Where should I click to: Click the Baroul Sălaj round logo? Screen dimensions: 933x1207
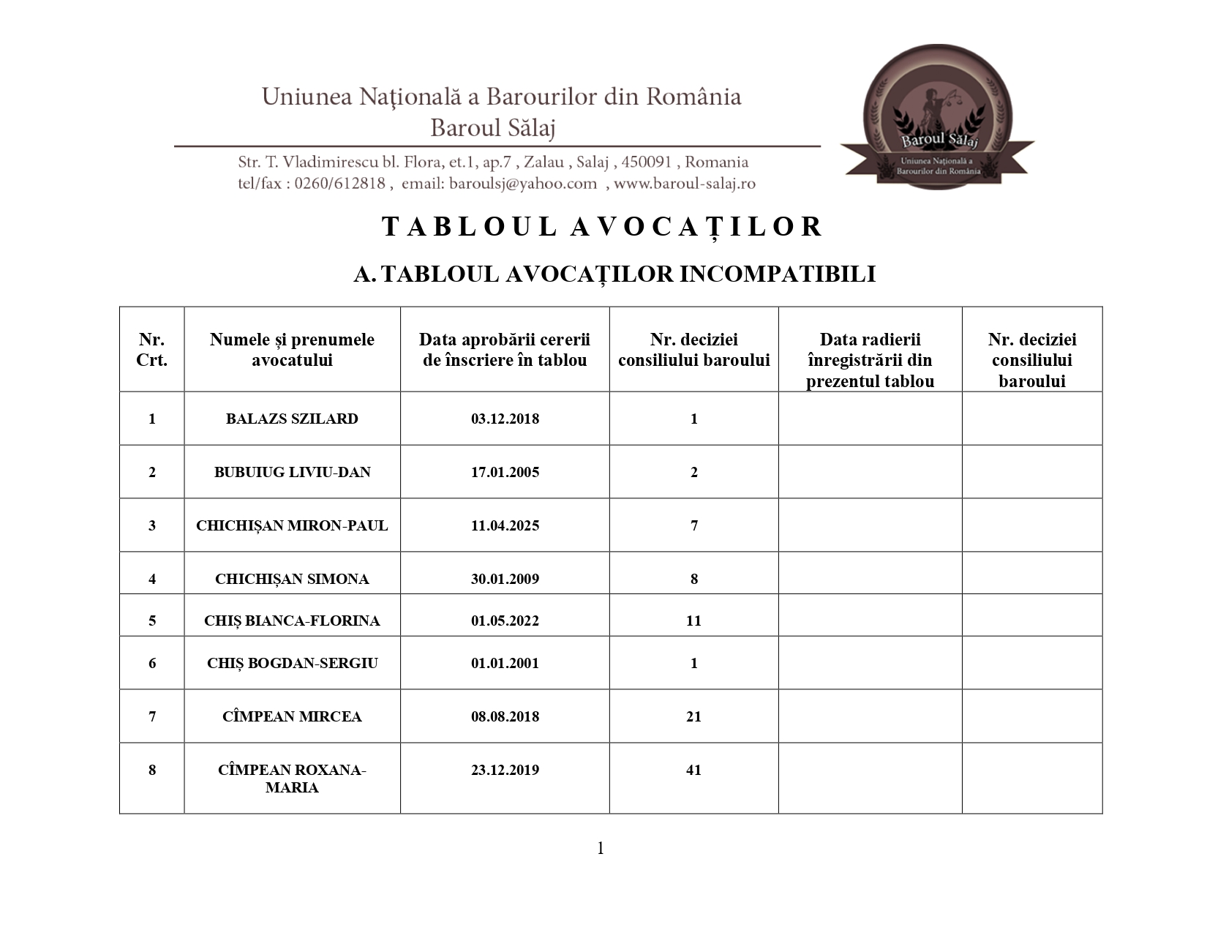click(938, 117)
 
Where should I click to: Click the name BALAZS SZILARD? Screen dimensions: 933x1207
click(292, 419)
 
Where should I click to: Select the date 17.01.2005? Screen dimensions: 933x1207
click(505, 473)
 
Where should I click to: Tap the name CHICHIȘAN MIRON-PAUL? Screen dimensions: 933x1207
click(292, 526)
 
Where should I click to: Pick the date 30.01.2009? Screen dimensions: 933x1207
click(505, 580)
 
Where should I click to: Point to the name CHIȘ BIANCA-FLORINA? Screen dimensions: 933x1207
click(292, 621)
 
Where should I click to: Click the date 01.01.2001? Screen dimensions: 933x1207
click(505, 664)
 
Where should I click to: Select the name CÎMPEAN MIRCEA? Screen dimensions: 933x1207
click(292, 717)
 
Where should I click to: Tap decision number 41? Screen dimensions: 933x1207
click(693, 771)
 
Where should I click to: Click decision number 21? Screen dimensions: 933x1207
click(693, 717)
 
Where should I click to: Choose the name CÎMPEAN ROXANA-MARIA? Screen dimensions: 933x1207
click(292, 779)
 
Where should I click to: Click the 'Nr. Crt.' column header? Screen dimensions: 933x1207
click(151, 350)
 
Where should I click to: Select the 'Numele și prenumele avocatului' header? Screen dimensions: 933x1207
click(292, 350)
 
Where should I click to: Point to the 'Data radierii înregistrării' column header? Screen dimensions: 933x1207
click(870, 360)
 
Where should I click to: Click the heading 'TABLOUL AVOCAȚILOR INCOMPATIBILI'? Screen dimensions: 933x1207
click(614, 274)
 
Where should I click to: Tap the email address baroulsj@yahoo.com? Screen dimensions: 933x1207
click(523, 184)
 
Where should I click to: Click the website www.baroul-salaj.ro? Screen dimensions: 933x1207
click(684, 184)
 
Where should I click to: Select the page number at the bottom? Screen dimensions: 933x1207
click(601, 849)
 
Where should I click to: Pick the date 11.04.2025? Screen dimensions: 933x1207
click(505, 526)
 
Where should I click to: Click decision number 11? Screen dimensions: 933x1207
click(693, 621)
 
